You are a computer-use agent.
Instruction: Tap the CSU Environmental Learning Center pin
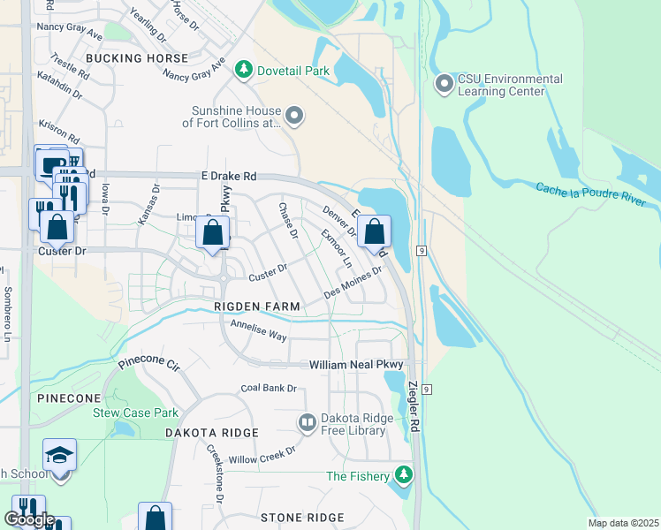pyautogui.click(x=444, y=85)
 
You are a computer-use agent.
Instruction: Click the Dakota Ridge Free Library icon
pyautogui.click(x=308, y=424)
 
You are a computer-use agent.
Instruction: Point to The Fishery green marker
pyautogui.click(x=404, y=476)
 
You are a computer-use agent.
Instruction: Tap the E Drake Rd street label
pyautogui.click(x=228, y=177)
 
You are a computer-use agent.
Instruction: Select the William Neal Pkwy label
pyautogui.click(x=355, y=365)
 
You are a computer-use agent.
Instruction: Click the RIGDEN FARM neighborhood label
pyautogui.click(x=256, y=307)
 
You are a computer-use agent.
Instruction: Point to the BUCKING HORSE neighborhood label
pyautogui.click(x=137, y=58)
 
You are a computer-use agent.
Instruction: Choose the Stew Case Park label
pyautogui.click(x=135, y=413)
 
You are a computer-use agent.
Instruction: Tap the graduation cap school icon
pyautogui.click(x=60, y=456)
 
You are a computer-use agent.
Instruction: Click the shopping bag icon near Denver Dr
pyautogui.click(x=375, y=232)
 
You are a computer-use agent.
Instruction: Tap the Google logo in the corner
pyautogui.click(x=28, y=519)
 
